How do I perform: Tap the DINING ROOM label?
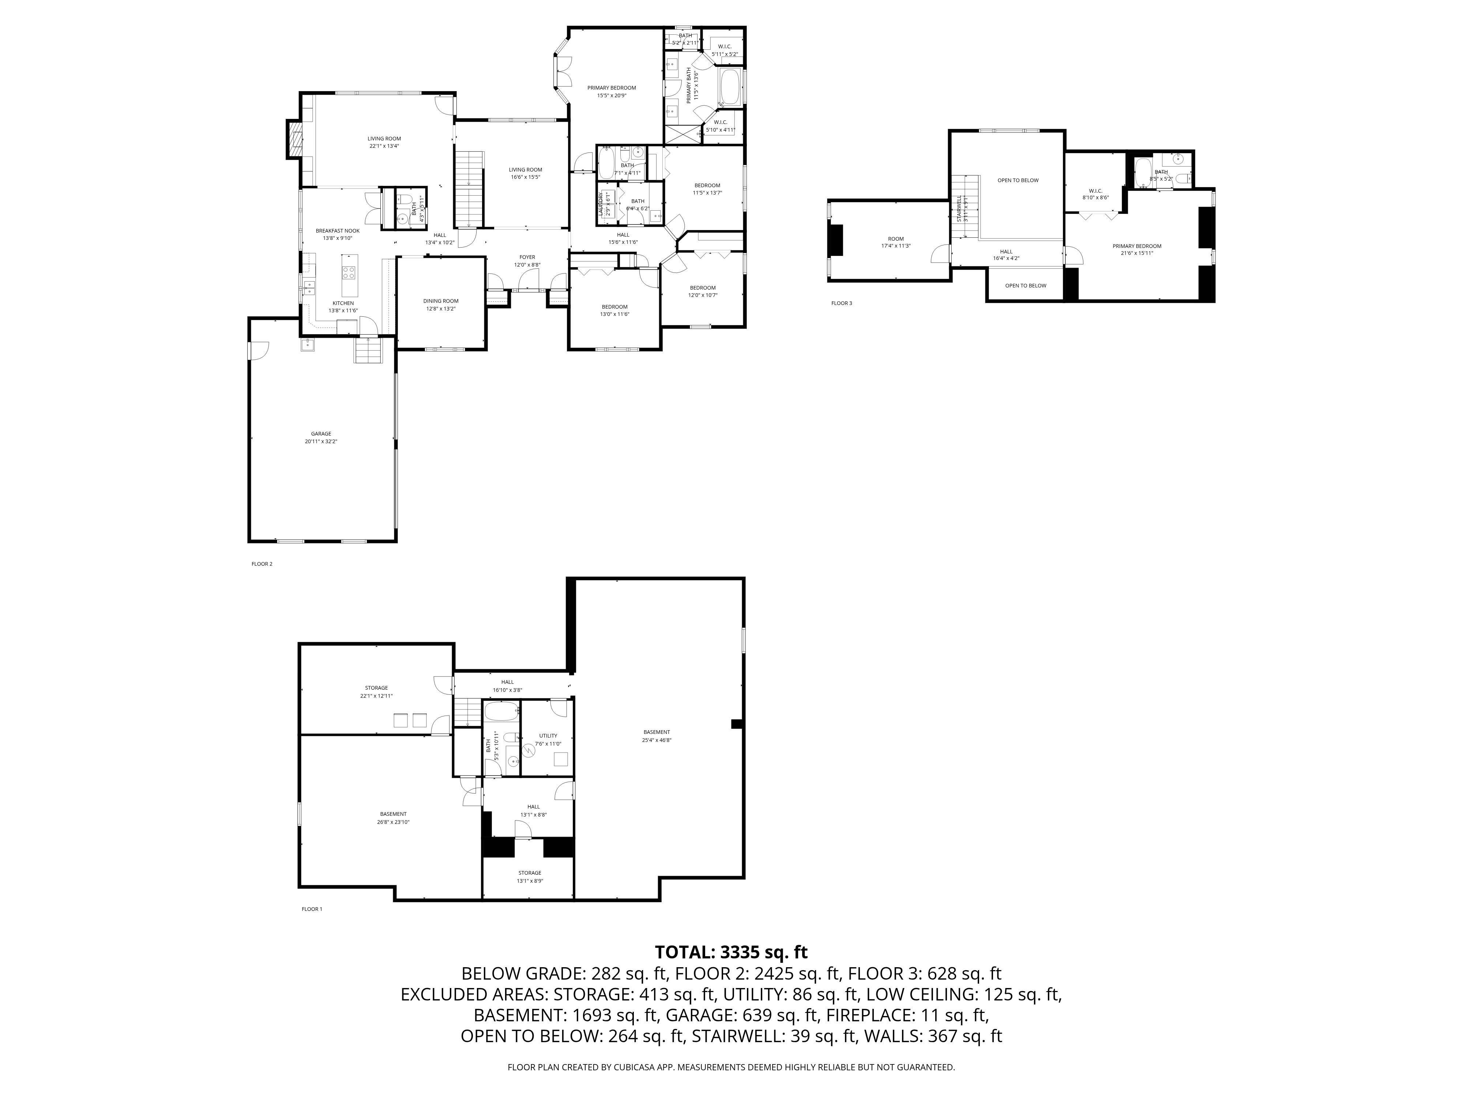(x=440, y=301)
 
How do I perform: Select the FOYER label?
(x=527, y=257)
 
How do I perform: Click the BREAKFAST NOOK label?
(x=337, y=231)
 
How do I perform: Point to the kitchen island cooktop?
(x=349, y=273)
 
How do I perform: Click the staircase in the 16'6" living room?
(x=470, y=188)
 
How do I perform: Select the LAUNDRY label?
(x=601, y=204)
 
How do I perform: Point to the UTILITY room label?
(x=548, y=735)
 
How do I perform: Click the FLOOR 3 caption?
(x=841, y=304)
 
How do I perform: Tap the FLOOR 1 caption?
(x=312, y=909)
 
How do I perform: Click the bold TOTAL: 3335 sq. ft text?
(x=731, y=952)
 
